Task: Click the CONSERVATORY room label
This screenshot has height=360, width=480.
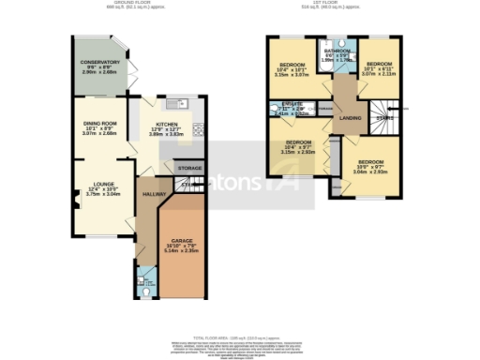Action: pos(100,62)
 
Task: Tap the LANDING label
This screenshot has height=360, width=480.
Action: pos(351,117)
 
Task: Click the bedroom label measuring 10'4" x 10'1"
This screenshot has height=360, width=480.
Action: pos(292,65)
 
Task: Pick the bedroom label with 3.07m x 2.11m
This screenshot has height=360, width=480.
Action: pos(381,65)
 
